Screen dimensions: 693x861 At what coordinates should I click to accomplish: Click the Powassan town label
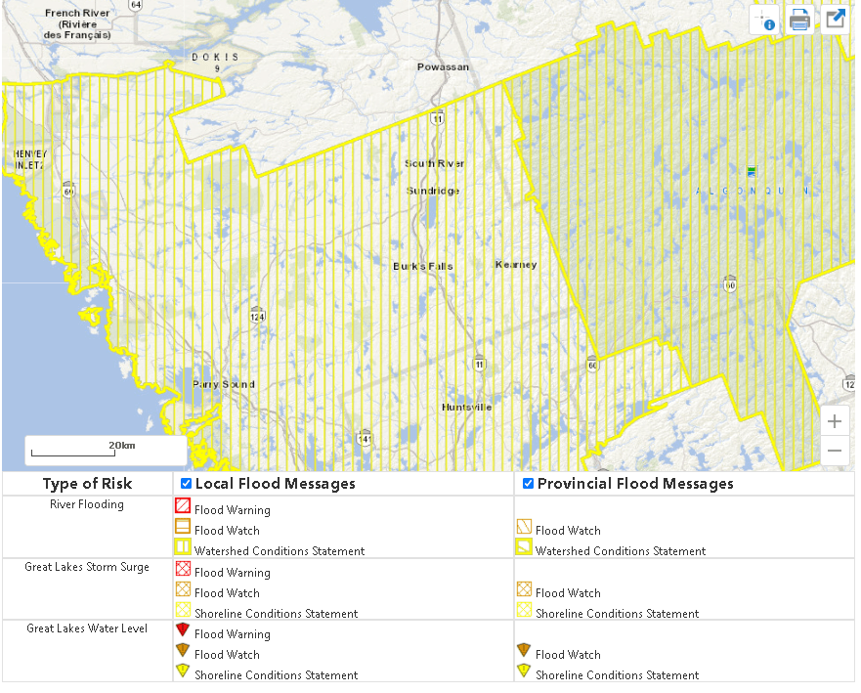(x=443, y=67)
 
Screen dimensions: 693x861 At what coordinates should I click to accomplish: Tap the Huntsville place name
(x=467, y=407)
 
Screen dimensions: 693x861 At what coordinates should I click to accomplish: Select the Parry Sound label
(x=223, y=384)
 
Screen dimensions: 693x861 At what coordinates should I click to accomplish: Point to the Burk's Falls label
(x=423, y=266)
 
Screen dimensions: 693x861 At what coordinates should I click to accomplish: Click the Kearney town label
(x=516, y=265)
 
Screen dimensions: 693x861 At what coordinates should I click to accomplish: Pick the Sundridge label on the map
(x=433, y=191)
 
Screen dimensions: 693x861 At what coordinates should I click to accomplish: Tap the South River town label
(x=435, y=163)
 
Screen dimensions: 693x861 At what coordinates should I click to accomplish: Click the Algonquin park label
(x=752, y=192)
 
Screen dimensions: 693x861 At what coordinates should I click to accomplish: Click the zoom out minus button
(x=834, y=452)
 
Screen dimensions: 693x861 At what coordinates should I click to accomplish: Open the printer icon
(x=799, y=20)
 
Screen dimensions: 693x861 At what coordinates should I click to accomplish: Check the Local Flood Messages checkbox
(x=187, y=484)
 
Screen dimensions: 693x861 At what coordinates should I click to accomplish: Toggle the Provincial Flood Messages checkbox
(x=528, y=484)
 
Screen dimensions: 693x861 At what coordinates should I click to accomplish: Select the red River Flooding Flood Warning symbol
(x=182, y=506)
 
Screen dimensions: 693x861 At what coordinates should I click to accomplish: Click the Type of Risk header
(x=87, y=484)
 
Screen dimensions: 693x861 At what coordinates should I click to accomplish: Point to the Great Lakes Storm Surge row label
(x=87, y=567)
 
